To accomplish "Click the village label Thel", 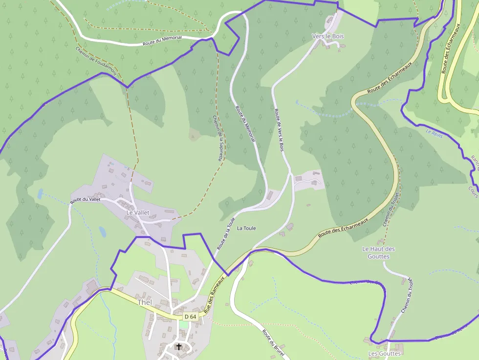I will click(145, 302).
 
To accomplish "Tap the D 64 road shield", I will click(190, 317).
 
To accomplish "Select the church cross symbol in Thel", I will click(179, 347).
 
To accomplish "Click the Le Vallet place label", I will click(138, 213).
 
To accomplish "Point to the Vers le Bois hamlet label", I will click(328, 36).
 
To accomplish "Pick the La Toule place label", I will click(246, 228).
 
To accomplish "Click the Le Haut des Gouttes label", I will click(378, 253).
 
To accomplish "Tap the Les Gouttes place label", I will click(384, 353).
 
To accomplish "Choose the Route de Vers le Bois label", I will click(279, 130).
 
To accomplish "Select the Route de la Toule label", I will click(226, 234).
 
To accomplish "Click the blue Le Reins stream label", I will click(434, 133).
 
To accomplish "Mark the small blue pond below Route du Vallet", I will click(102, 232).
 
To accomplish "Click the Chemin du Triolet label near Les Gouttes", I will click(407, 296).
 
